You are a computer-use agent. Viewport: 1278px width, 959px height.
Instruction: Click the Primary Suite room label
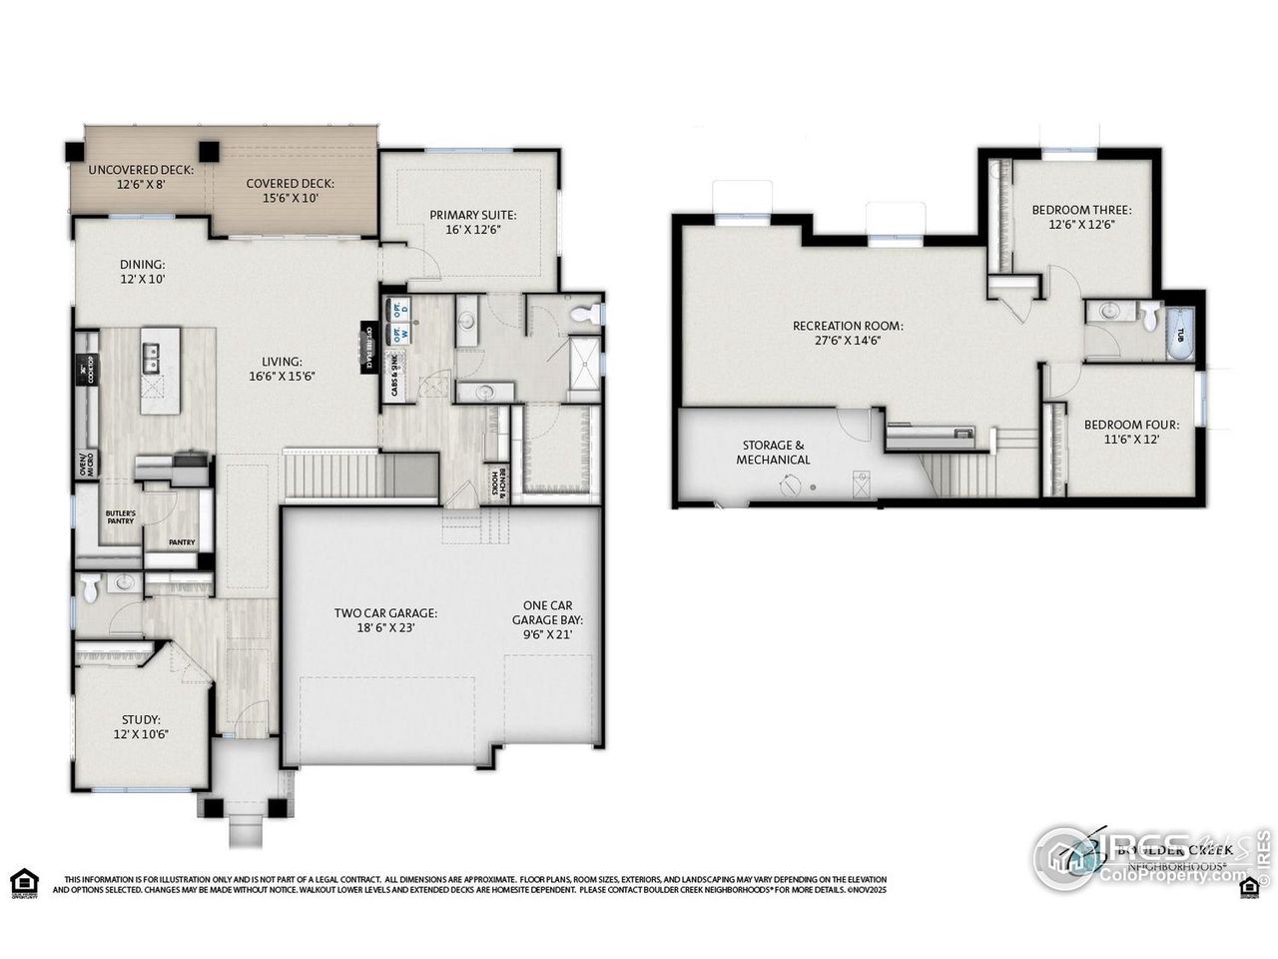(472, 221)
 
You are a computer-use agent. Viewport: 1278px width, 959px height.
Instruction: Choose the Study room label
(141, 726)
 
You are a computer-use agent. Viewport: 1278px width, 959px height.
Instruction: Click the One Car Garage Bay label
(547, 619)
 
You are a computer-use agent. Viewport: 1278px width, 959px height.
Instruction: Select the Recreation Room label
(848, 332)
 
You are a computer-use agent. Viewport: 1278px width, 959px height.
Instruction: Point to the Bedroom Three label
(1080, 217)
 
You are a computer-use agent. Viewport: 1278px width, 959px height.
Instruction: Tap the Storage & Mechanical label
(773, 452)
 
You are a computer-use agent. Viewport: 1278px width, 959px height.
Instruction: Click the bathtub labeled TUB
(1181, 334)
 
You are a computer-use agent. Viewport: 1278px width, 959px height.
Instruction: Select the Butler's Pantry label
(120, 516)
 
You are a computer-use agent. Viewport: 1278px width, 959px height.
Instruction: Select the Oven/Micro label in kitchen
(88, 463)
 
